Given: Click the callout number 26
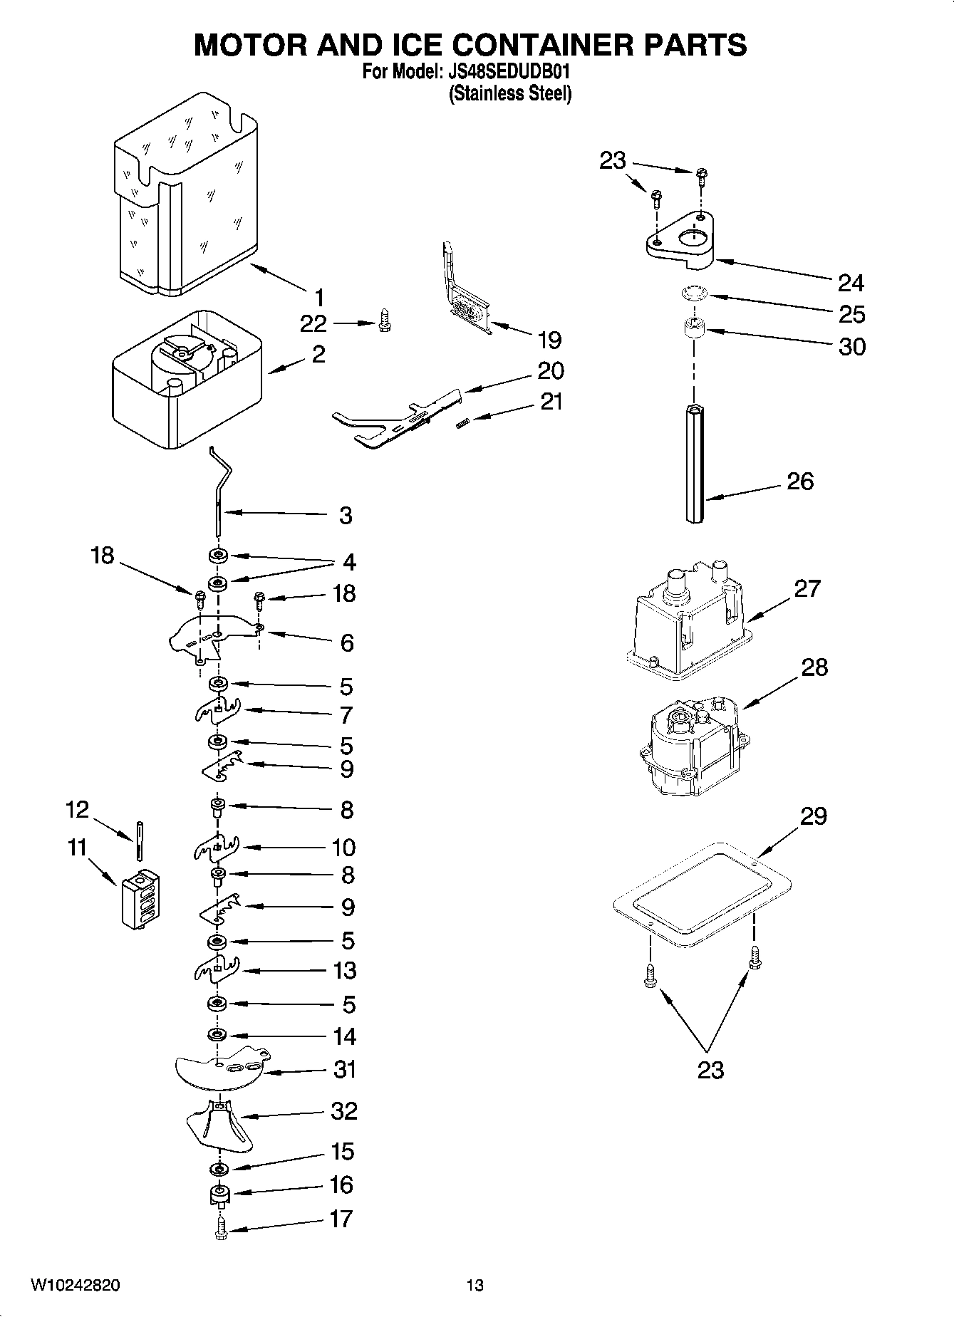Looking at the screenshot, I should [x=799, y=481].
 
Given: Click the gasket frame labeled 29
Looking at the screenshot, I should [x=702, y=893].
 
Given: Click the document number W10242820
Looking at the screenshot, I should [x=75, y=1285].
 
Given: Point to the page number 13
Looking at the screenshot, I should [x=475, y=1285].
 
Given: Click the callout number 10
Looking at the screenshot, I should [x=343, y=847].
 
